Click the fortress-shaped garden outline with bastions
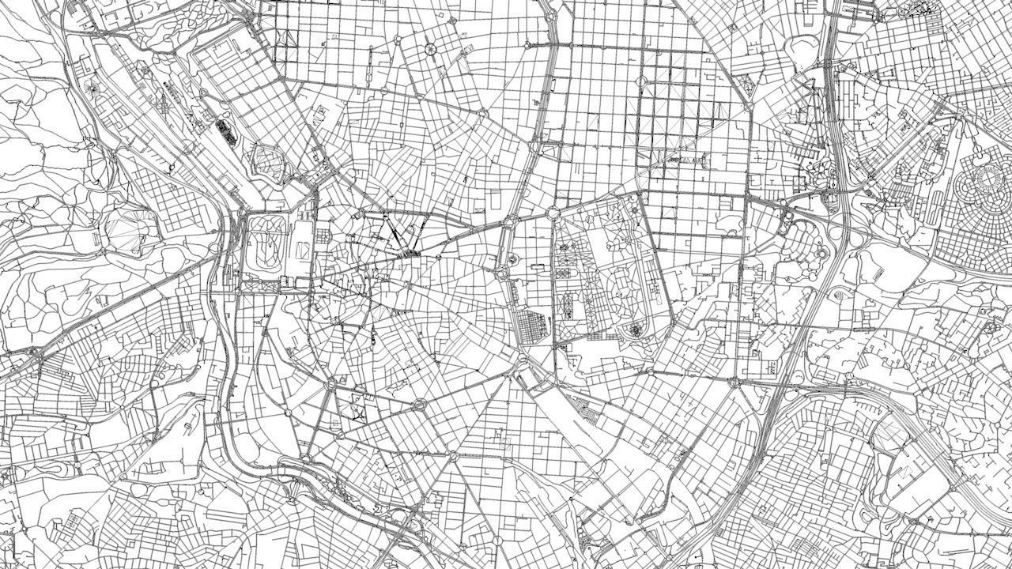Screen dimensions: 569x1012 pos(267,161)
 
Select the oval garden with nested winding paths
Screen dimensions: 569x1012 pos(266,244)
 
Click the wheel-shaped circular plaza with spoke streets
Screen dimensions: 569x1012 pos(431,49)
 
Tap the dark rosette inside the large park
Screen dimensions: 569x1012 pos(634,330)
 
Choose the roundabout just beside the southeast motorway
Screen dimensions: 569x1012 pos(734,382)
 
